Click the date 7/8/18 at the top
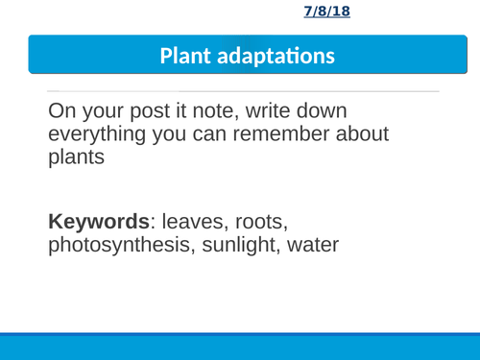click(x=326, y=12)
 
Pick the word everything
click(x=100, y=135)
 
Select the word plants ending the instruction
click(x=75, y=158)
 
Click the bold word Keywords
click(x=91, y=221)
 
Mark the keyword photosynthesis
click(x=118, y=245)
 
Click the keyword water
click(x=313, y=245)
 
